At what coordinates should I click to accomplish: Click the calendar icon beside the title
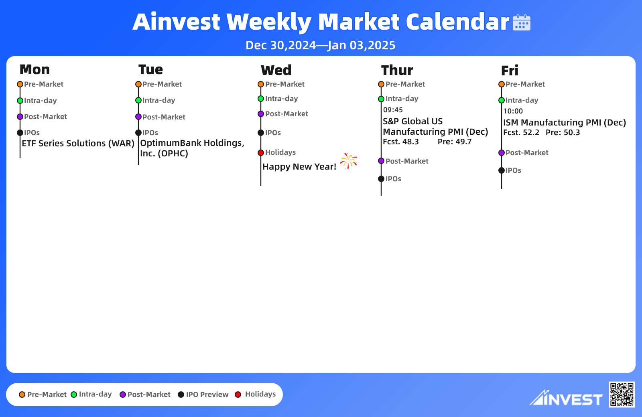pyautogui.click(x=521, y=22)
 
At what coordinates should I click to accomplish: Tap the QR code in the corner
pyautogui.click(x=622, y=394)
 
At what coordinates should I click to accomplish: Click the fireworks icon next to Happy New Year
pyautogui.click(x=349, y=161)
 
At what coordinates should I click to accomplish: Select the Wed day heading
pyautogui.click(x=276, y=70)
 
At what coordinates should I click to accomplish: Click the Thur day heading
pyautogui.click(x=397, y=70)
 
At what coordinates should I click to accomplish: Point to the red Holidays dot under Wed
pyautogui.click(x=261, y=153)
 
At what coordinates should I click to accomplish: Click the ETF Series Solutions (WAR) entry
pyautogui.click(x=78, y=143)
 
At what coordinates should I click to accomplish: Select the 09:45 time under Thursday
pyautogui.click(x=393, y=110)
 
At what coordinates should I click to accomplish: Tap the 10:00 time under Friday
pyautogui.click(x=513, y=111)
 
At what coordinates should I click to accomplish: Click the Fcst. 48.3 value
pyautogui.click(x=401, y=142)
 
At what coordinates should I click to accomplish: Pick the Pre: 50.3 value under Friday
pyautogui.click(x=563, y=132)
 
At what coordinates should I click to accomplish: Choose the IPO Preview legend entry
pyautogui.click(x=203, y=395)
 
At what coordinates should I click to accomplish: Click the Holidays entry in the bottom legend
pyautogui.click(x=255, y=395)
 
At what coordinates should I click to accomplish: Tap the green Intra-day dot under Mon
pyautogui.click(x=20, y=101)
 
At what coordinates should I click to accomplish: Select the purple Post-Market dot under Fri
pyautogui.click(x=502, y=153)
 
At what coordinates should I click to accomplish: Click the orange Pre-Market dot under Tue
pyautogui.click(x=138, y=84)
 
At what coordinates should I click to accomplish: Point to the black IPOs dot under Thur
pyautogui.click(x=381, y=179)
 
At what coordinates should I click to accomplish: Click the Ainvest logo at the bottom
pyautogui.click(x=566, y=398)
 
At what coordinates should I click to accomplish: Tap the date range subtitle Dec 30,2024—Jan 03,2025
pyautogui.click(x=321, y=45)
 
